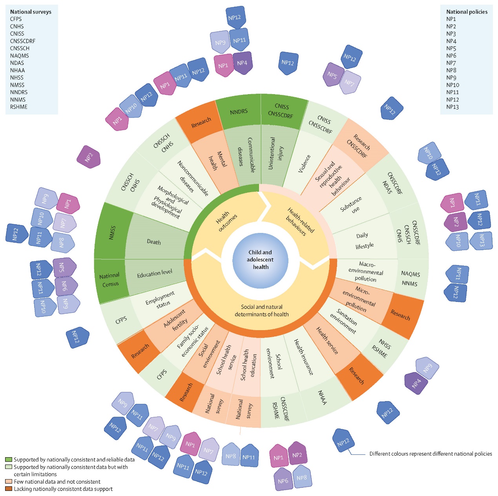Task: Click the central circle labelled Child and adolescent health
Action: point(260,260)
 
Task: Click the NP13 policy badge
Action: point(481,241)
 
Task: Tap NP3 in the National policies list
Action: point(451,34)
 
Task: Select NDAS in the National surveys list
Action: point(17,63)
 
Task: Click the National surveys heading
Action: point(31,12)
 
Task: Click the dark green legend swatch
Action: point(9,460)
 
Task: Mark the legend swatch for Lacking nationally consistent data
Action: point(9,489)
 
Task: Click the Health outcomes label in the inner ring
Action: point(226,221)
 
